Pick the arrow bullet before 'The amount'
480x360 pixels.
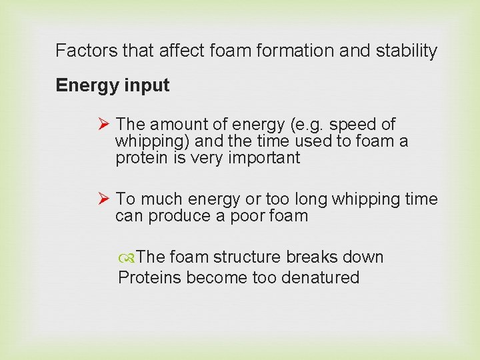coord(103,125)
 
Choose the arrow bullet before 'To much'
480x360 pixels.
coord(103,199)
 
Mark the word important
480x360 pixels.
coord(264,159)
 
